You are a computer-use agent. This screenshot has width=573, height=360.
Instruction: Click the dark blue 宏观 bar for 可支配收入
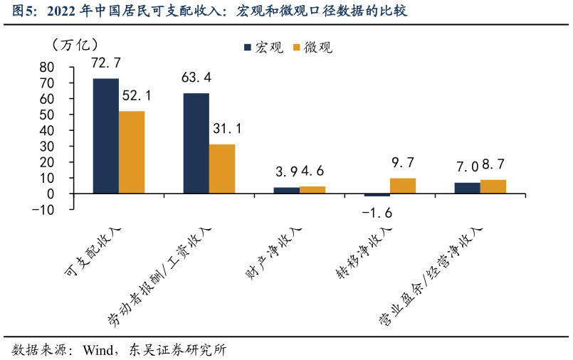[105, 136]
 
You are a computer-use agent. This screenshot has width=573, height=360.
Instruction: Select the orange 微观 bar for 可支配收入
[132, 152]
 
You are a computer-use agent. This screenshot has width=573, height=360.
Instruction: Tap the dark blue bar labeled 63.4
[196, 143]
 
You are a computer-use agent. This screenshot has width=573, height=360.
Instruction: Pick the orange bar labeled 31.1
[222, 169]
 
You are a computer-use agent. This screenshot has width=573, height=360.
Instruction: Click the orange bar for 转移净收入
[403, 186]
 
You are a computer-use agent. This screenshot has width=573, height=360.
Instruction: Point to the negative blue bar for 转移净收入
[377, 195]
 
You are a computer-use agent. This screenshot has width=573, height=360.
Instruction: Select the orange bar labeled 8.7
[493, 186]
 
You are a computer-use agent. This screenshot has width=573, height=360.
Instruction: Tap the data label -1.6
[377, 213]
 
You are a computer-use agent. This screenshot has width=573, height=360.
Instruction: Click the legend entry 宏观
[263, 48]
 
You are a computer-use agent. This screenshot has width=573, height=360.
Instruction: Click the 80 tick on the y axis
[47, 67]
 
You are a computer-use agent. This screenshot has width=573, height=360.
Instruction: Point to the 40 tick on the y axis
[47, 130]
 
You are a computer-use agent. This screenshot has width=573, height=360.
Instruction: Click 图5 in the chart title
[17, 11]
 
